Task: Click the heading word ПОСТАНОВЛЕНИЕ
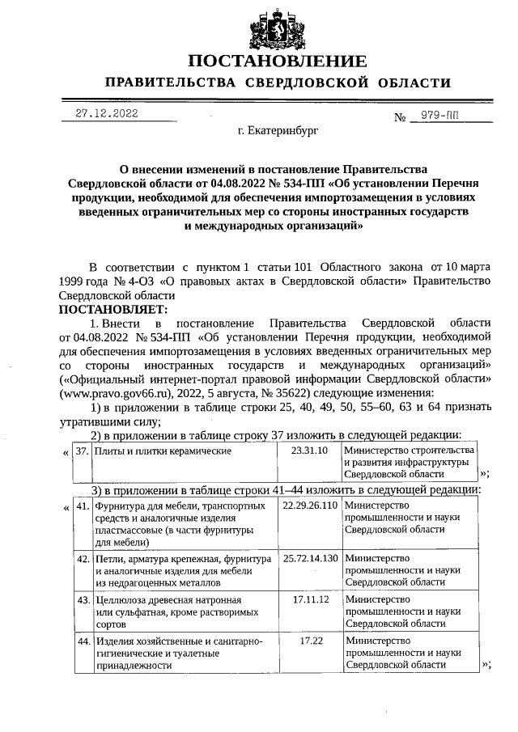(277, 61)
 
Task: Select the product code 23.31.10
(308, 450)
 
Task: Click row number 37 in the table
(81, 451)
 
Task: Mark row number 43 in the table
(81, 600)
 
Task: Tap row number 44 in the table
(81, 641)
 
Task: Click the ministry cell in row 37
(408, 461)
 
